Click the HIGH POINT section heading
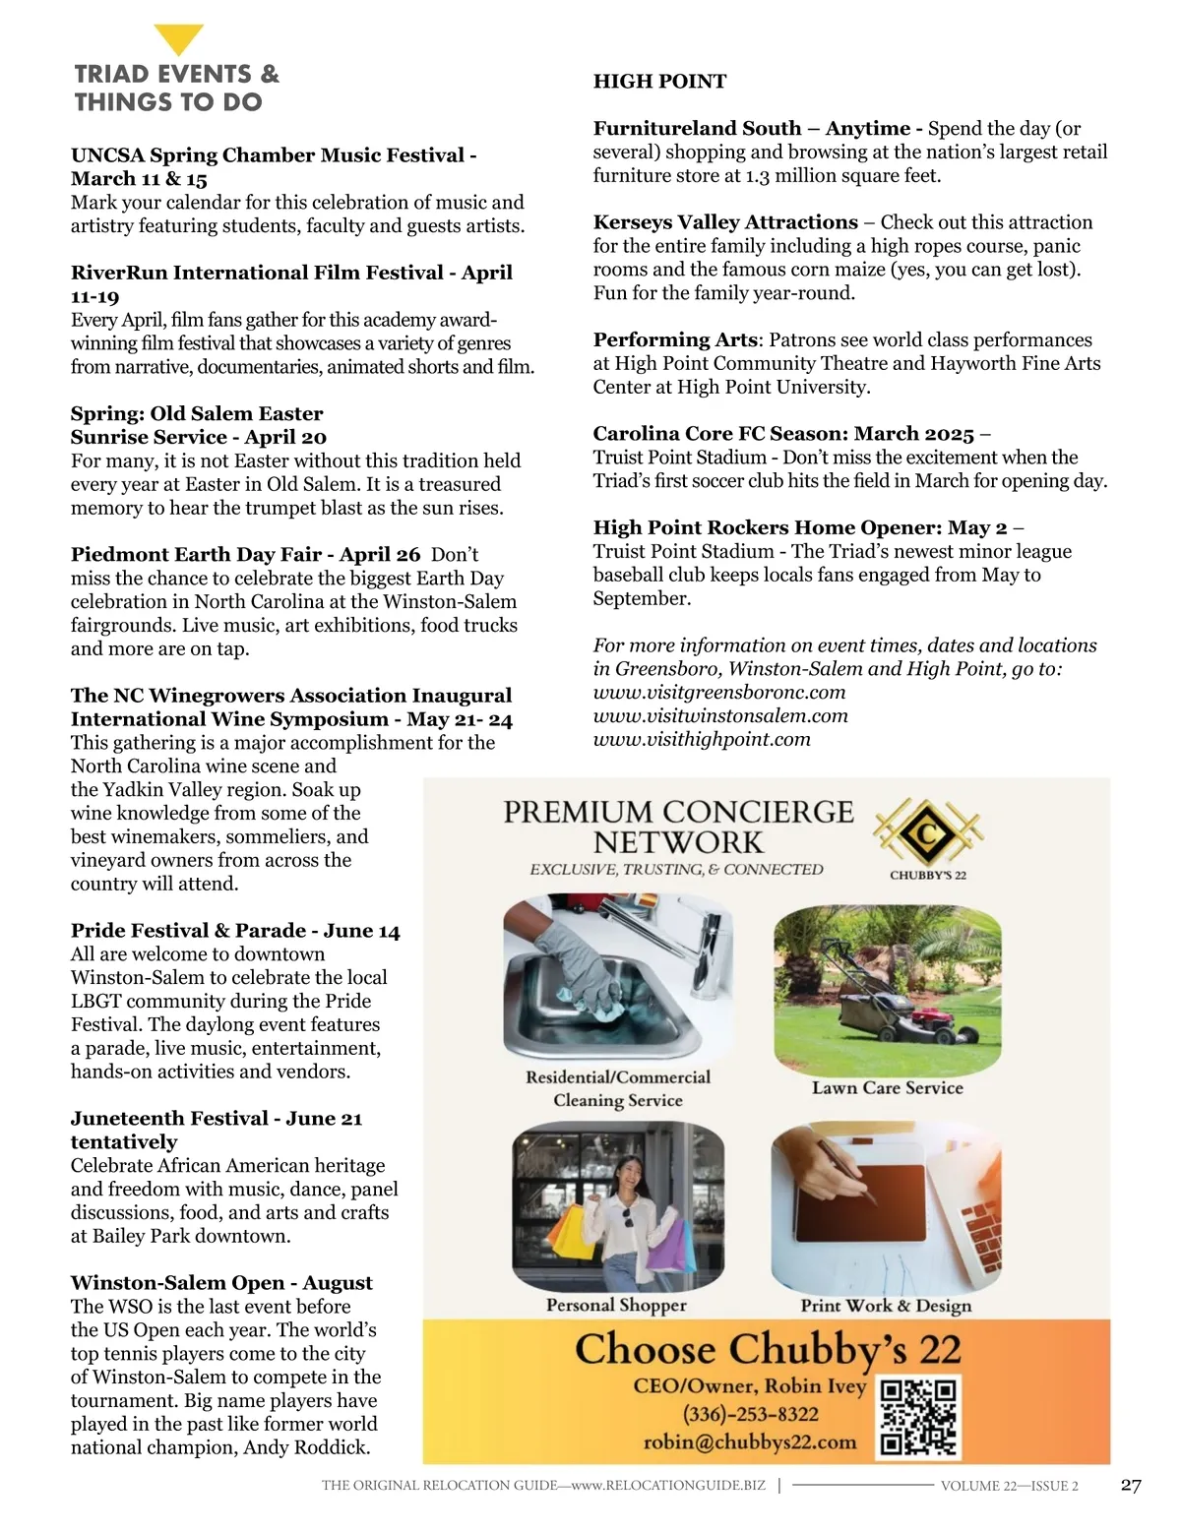pos(659,82)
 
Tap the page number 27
pos(1131,1485)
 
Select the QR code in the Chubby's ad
pos(918,1417)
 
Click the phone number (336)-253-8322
pos(751,1414)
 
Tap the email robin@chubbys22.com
pos(750,1442)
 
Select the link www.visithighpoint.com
pos(702,739)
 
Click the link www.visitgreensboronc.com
pos(718,692)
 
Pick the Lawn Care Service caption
pos(887,1088)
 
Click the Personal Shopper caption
pos(616,1306)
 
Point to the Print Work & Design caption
pos(886,1306)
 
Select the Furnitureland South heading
pos(697,129)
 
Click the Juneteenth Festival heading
pos(167,1119)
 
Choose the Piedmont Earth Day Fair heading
pos(245,554)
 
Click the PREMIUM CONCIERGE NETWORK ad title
pos(678,827)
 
